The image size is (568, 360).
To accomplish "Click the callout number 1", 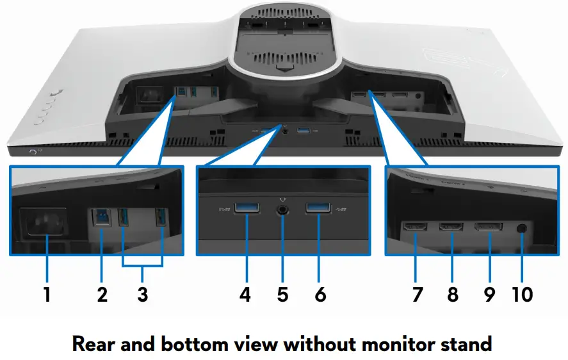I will tap(46, 295).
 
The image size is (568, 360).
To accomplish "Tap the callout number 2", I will tap(101, 295).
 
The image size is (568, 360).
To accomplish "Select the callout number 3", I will tap(142, 295).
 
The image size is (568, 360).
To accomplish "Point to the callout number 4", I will tap(245, 295).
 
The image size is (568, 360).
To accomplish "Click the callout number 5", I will tap(282, 295).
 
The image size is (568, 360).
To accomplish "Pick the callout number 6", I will tap(320, 295).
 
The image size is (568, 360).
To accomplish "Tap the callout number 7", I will tap(417, 295).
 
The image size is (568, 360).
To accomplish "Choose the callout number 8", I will tap(453, 295).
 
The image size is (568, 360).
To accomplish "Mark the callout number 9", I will tap(489, 295).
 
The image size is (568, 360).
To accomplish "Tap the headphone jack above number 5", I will tap(282, 209).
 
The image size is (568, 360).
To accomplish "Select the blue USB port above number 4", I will tap(246, 208).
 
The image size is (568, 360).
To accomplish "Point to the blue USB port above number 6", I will tap(318, 209).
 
